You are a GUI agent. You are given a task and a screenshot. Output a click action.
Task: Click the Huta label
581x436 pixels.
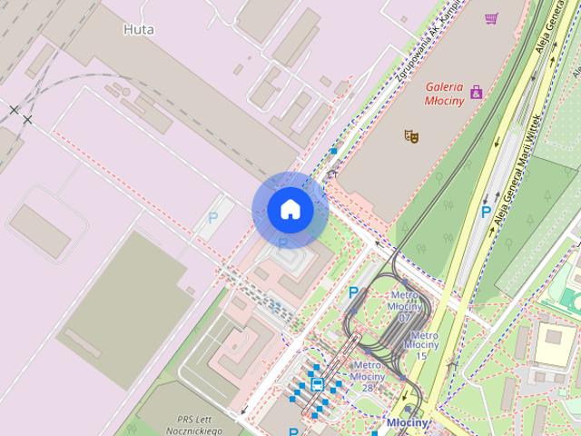click(138, 29)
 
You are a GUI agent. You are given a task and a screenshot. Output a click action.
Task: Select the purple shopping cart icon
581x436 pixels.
click(491, 18)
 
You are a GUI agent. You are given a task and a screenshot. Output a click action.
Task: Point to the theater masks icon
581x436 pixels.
click(411, 135)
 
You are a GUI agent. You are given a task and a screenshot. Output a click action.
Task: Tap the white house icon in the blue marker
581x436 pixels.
click(290, 210)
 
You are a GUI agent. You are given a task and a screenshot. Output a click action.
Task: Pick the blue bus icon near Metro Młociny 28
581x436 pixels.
click(317, 385)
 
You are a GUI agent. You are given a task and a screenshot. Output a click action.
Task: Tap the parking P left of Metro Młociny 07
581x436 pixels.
click(354, 292)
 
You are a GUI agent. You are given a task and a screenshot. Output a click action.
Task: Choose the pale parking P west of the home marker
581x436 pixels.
click(213, 218)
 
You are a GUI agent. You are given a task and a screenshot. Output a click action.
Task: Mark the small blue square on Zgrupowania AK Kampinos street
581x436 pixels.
click(334, 151)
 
